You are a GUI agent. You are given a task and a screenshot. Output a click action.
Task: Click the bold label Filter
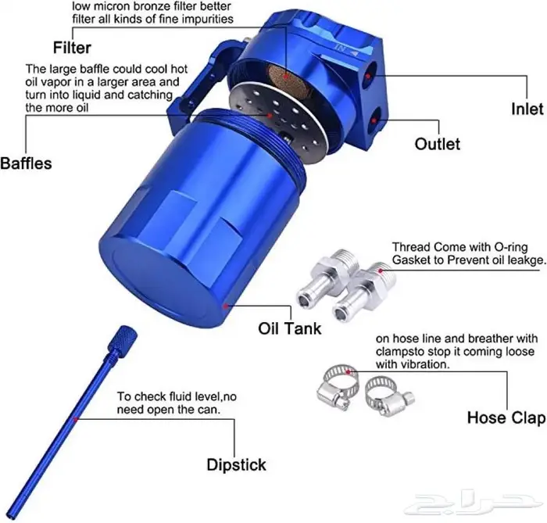pos(72,48)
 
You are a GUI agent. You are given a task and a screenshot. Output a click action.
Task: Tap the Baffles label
pos(26,163)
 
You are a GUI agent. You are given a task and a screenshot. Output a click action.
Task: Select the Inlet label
pos(527,109)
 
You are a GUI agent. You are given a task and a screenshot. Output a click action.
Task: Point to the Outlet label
pos(438,144)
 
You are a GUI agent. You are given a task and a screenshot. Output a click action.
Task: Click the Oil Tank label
pos(290,328)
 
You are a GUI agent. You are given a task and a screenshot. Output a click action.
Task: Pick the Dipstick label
pos(236,464)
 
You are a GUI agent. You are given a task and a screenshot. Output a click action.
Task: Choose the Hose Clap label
pos(506,417)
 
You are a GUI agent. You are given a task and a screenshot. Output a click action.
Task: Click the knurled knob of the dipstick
pos(123,341)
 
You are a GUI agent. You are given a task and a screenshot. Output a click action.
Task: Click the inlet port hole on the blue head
pos(368,75)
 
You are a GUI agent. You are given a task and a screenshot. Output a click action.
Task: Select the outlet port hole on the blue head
pos(374,120)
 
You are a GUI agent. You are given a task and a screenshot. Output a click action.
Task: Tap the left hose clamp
pos(338,387)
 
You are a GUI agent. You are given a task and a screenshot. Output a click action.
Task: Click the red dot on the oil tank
pos(226,306)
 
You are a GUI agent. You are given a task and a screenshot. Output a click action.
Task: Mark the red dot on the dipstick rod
pos(75,418)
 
